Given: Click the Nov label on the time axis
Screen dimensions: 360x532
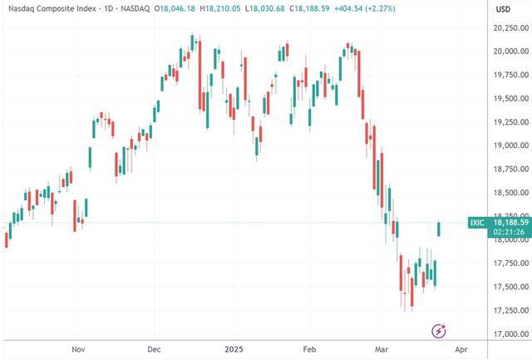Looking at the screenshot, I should (x=79, y=350).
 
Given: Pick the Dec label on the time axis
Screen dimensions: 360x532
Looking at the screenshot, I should (x=155, y=350).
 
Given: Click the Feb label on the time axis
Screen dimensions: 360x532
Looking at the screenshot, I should (x=311, y=350).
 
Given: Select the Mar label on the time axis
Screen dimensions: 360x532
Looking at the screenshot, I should (x=381, y=350).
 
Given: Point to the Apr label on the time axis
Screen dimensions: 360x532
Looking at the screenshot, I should (x=461, y=350).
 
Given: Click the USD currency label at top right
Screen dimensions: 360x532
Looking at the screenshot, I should (x=503, y=9).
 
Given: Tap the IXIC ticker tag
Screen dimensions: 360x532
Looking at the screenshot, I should (x=476, y=223).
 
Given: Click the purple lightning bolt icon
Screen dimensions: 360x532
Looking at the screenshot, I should (x=439, y=331).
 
